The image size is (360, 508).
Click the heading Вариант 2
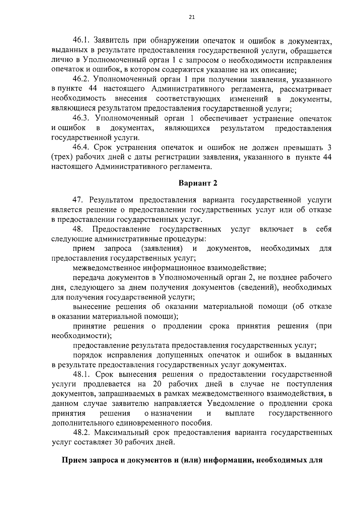click(x=198, y=183)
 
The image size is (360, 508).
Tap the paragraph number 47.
click(x=79, y=200)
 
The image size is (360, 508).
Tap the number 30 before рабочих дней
click(x=118, y=442)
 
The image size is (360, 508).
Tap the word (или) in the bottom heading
click(x=190, y=461)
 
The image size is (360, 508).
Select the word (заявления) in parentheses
click(x=162, y=249)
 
